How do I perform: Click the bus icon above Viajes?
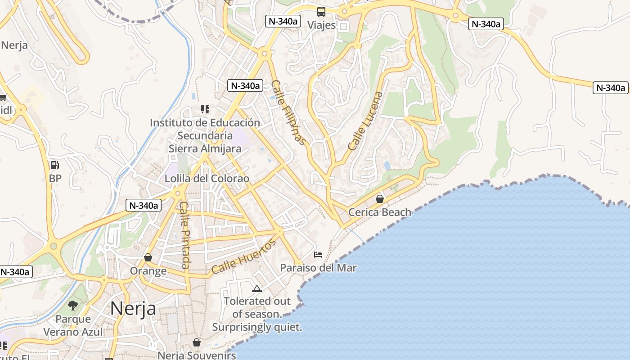pyautogui.click(x=321, y=12)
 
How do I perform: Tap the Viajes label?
pyautogui.click(x=321, y=25)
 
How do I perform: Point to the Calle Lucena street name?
pyautogui.click(x=365, y=121)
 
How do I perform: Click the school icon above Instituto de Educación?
pyautogui.click(x=205, y=109)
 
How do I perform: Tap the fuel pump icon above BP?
pyautogui.click(x=54, y=166)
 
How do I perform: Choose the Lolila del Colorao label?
pyautogui.click(x=207, y=179)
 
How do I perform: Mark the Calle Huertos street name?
pyautogui.click(x=243, y=257)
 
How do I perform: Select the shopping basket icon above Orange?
pyautogui.click(x=148, y=257)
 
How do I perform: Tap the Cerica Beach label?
pyautogui.click(x=380, y=212)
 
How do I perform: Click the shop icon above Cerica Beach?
pyautogui.click(x=380, y=198)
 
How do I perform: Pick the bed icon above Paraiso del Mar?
pyautogui.click(x=318, y=255)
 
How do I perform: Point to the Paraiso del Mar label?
pyautogui.click(x=318, y=268)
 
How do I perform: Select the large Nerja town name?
pyautogui.click(x=133, y=308)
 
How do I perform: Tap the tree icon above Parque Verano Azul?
pyautogui.click(x=73, y=306)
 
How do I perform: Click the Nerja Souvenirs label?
pyautogui.click(x=197, y=355)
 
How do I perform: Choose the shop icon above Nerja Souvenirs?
pyautogui.click(x=197, y=342)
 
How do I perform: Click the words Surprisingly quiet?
pyautogui.click(x=257, y=327)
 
